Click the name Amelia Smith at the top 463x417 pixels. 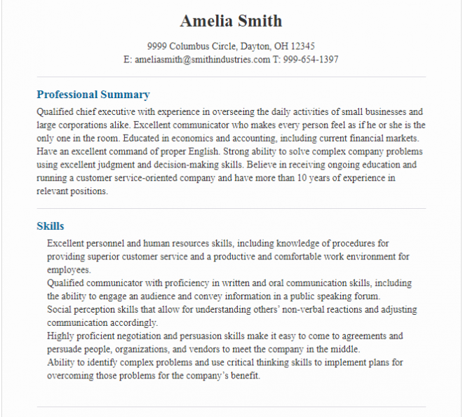231,20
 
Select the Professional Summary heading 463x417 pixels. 93,95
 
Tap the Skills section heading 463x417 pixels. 51,226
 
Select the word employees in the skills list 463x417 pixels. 68,270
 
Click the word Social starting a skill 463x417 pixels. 59,310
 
